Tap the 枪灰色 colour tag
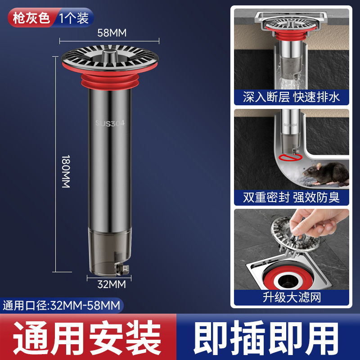(x=30, y=18)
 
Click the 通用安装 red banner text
(x=85, y=337)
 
